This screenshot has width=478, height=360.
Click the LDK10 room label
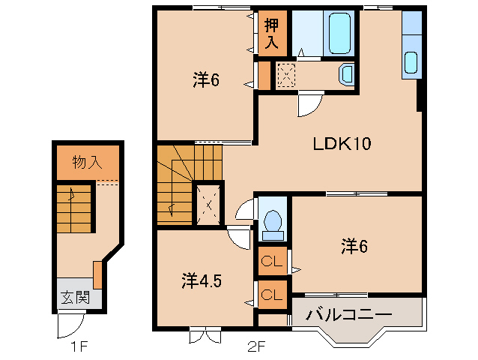tap(342, 143)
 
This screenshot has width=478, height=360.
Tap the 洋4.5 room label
tap(201, 281)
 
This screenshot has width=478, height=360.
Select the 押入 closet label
tap(271, 34)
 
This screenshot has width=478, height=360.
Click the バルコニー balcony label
tap(348, 314)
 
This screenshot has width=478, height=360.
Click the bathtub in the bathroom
tap(339, 33)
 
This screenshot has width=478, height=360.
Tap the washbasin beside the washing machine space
tap(347, 74)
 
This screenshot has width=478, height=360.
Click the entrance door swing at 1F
tap(70, 324)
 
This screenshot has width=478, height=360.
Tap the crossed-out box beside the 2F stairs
tap(208, 202)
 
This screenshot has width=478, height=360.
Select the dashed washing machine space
tap(286, 75)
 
